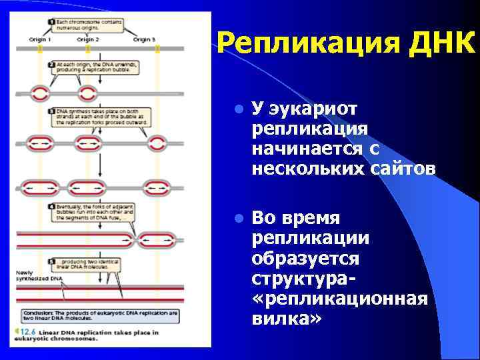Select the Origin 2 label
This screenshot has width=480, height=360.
[87, 39]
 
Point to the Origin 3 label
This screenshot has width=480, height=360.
[144, 39]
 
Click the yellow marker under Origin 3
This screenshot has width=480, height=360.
[157, 49]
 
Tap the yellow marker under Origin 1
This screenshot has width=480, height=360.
[40, 49]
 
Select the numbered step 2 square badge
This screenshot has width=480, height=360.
[51, 64]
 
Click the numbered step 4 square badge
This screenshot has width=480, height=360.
[51, 207]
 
